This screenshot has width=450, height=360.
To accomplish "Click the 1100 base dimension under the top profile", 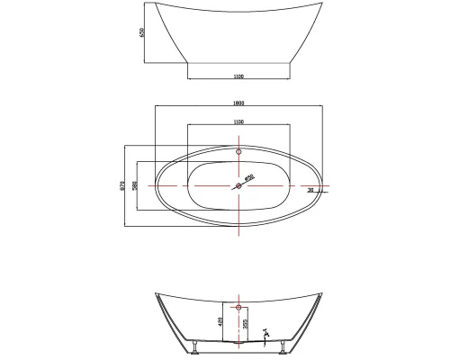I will pos(238,76).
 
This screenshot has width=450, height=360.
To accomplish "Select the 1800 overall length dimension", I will pos(238,103).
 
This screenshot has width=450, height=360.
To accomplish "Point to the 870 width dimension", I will pos(122,185).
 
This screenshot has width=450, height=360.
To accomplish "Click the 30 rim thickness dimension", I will pos(310,191).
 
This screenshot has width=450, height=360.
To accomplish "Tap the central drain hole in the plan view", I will pos(238,186).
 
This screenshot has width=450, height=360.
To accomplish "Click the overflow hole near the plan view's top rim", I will pos(238,152).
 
